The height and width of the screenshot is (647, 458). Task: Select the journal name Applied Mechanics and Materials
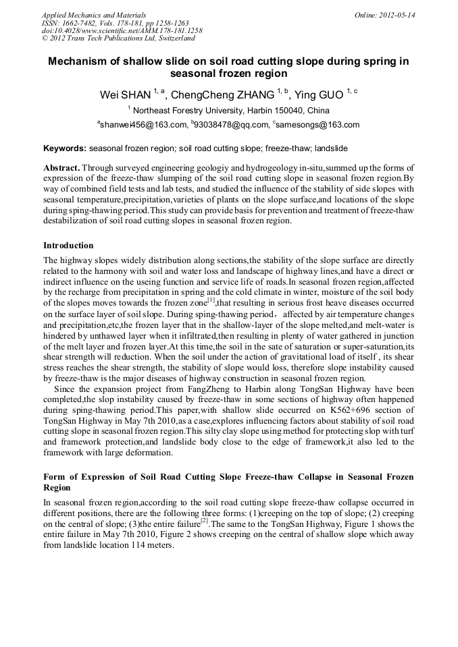pyautogui.click(x=93, y=15)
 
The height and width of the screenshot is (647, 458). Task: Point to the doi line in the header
pyautogui.click(x=122, y=31)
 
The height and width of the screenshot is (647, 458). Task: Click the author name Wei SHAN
pyautogui.click(x=125, y=94)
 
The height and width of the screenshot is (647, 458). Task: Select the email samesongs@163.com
pyautogui.click(x=317, y=125)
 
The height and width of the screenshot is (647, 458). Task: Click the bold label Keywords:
pyautogui.click(x=65, y=148)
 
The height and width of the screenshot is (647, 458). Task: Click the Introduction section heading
pyautogui.click(x=68, y=246)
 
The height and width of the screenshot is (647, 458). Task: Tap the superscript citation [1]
pyautogui.click(x=211, y=300)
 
